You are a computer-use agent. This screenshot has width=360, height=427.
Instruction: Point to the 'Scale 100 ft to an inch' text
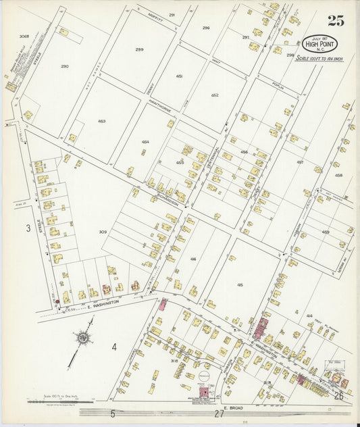click(320, 59)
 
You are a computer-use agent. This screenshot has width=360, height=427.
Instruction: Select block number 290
click(64, 66)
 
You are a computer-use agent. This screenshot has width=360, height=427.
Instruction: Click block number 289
click(140, 49)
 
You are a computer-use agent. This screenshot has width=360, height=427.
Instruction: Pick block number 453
click(101, 121)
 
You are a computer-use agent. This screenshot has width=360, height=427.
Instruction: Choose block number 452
click(215, 95)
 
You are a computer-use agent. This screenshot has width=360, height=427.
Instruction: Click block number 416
click(193, 259)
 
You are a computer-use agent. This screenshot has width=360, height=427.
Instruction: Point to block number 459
click(326, 232)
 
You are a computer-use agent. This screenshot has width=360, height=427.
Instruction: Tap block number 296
click(206, 28)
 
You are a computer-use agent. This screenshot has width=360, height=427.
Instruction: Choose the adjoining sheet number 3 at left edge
click(28, 228)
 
